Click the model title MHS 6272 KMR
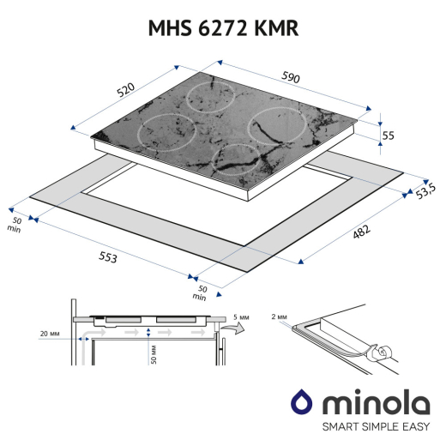[x=223, y=28]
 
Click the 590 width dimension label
[x=291, y=77]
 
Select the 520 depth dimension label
[x=126, y=89]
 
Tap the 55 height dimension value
[x=388, y=136]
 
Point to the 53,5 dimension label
[x=425, y=191]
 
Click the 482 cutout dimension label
[x=361, y=232]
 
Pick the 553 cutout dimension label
[x=108, y=256]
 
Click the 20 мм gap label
[x=50, y=334]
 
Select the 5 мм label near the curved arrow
[x=241, y=317]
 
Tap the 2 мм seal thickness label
[x=279, y=316]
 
